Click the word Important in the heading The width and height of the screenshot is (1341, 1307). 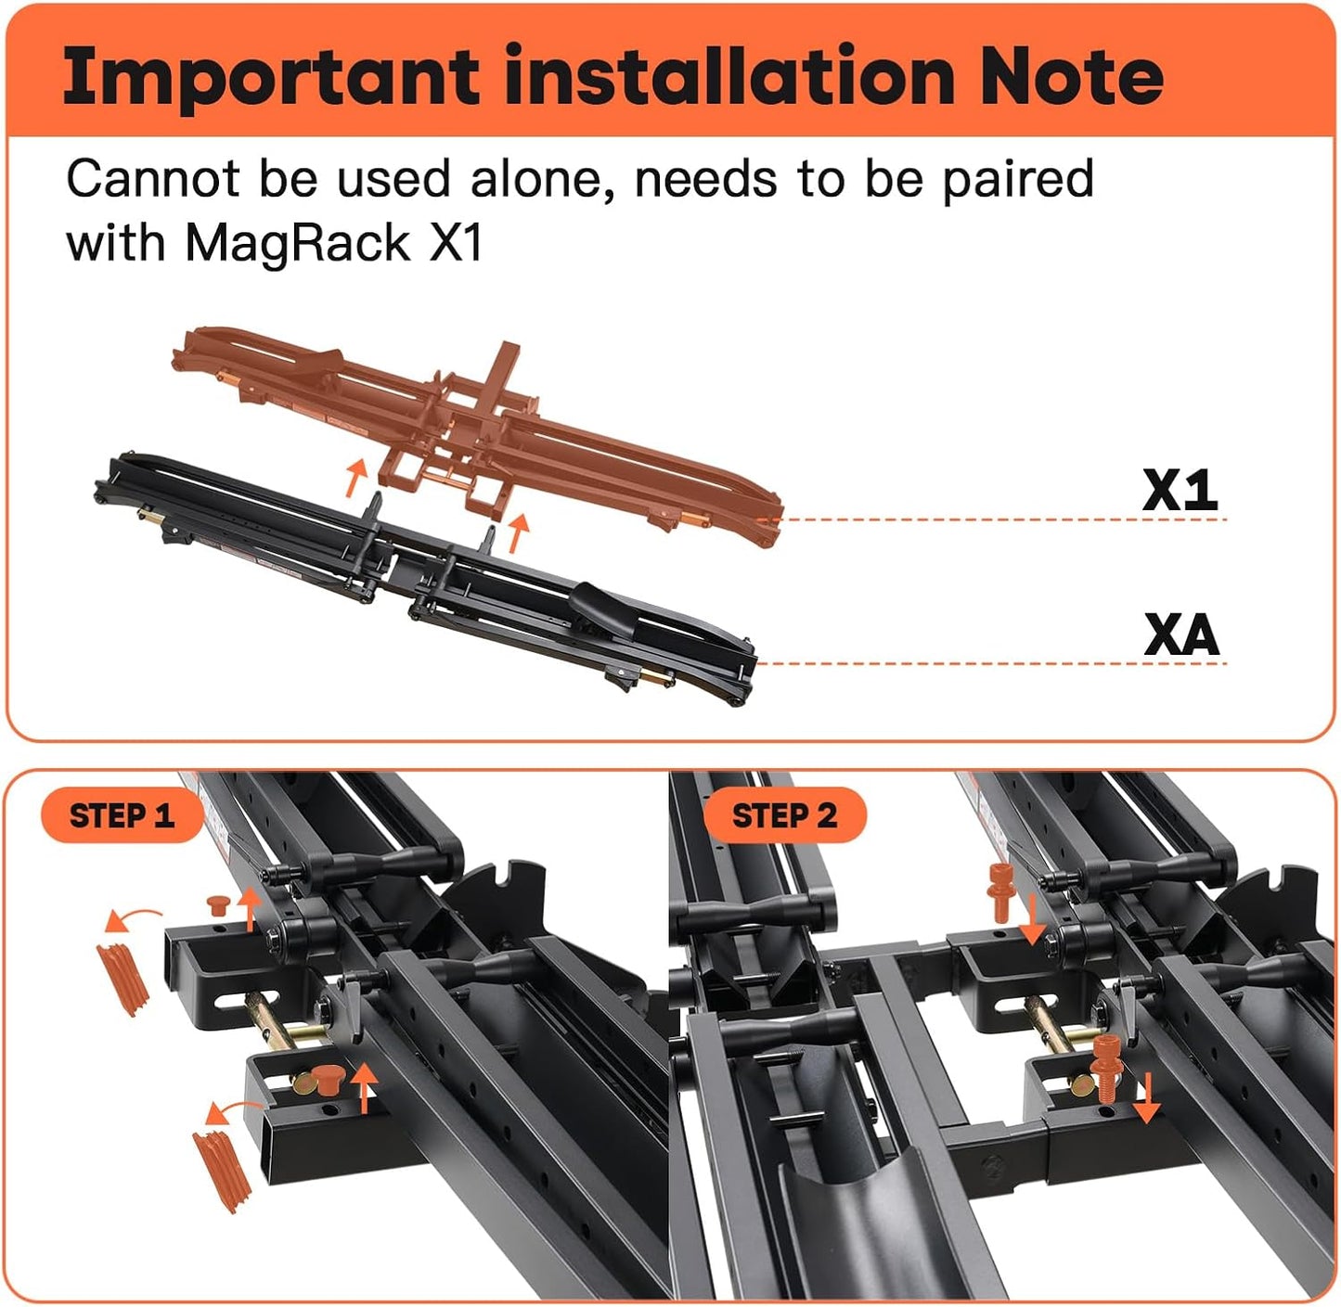(x=269, y=77)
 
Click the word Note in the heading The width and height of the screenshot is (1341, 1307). (x=1071, y=75)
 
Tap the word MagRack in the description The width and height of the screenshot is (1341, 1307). (x=297, y=244)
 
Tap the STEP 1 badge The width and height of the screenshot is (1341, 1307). (x=122, y=816)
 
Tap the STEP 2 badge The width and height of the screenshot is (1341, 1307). (x=784, y=816)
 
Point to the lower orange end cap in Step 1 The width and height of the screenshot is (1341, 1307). (x=221, y=1169)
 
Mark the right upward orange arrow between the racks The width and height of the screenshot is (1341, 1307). (x=518, y=532)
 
